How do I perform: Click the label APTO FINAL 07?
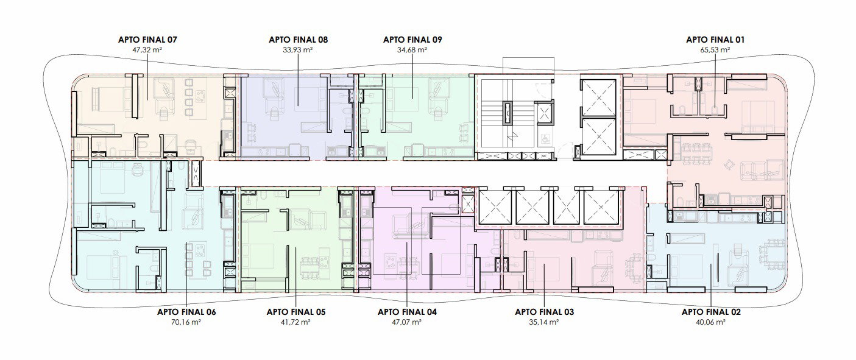pos(147,40)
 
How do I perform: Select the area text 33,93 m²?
pos(298,50)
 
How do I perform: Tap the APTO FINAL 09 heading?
pos(412,40)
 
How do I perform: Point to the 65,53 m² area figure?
pos(715,50)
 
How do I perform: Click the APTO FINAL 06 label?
pos(186,312)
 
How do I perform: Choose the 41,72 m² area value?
pos(295,322)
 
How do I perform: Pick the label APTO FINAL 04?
pos(407,312)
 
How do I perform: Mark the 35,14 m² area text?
pos(544,322)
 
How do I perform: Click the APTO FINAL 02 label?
pos(711,312)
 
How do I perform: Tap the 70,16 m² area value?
pos(186,322)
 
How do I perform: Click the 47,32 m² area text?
pos(147,50)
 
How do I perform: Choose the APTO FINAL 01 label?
pos(715,40)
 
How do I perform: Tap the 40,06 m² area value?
pos(711,322)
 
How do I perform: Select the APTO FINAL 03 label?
pos(544,312)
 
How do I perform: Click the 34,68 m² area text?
pos(412,50)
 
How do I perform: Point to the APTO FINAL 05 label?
pos(296,312)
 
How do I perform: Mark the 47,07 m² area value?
pos(406,322)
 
